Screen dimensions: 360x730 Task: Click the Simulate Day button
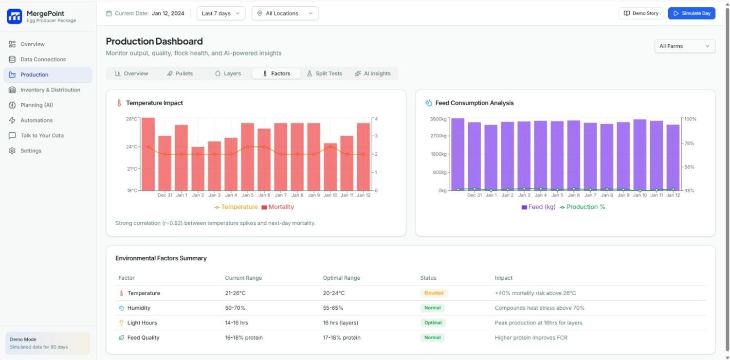691,13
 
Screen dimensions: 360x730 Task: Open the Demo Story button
641,13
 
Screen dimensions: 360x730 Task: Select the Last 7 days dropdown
221,13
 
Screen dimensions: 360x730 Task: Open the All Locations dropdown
285,13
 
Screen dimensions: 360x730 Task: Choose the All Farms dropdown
684,46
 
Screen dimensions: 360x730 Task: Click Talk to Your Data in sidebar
42,135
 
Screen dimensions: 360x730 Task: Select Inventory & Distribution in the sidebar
50,90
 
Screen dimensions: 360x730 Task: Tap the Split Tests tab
324,73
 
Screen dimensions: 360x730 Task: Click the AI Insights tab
373,73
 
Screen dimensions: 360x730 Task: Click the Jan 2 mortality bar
198,168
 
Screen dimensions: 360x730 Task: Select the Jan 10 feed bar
639,155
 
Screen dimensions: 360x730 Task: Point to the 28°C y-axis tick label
131,119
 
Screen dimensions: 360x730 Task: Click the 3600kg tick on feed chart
438,119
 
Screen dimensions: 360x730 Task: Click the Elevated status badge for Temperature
434,293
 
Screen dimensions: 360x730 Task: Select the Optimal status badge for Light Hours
432,323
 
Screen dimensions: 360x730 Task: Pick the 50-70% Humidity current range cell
235,308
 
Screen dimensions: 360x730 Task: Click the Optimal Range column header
341,278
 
